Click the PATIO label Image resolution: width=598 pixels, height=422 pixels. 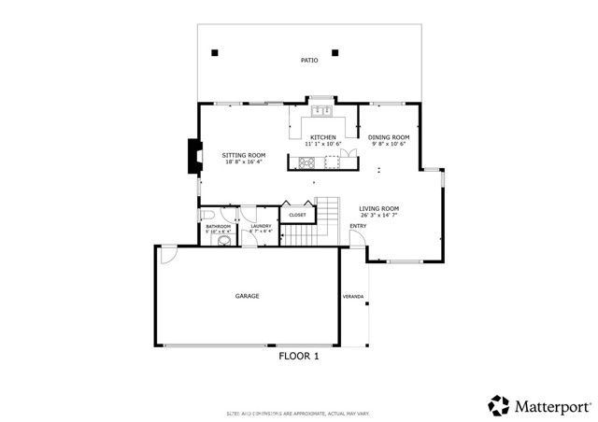pyautogui.click(x=308, y=61)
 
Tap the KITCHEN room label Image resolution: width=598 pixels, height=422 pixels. pyautogui.click(x=323, y=137)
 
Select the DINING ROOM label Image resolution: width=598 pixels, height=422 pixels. pyautogui.click(x=389, y=137)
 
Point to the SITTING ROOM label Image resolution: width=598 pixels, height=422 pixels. pyautogui.click(x=243, y=155)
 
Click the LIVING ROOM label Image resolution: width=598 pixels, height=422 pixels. pyautogui.click(x=380, y=209)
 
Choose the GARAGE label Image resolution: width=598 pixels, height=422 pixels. pyautogui.click(x=247, y=296)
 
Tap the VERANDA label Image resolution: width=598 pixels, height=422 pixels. pyautogui.click(x=354, y=297)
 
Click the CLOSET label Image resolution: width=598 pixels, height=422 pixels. pyautogui.click(x=297, y=215)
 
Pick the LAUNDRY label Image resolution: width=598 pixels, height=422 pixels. pyautogui.click(x=261, y=225)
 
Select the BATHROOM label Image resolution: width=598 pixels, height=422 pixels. pyautogui.click(x=218, y=226)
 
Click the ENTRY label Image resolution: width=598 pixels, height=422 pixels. pyautogui.click(x=358, y=226)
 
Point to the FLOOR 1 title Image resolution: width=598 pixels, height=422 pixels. pyautogui.click(x=300, y=356)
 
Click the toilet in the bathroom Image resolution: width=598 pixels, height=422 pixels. pyautogui.click(x=224, y=240)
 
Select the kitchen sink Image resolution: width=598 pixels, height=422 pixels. pyautogui.click(x=323, y=111)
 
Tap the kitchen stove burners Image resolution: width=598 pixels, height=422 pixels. pyautogui.click(x=306, y=164)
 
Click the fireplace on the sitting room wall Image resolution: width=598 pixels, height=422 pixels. pyautogui.click(x=193, y=157)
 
